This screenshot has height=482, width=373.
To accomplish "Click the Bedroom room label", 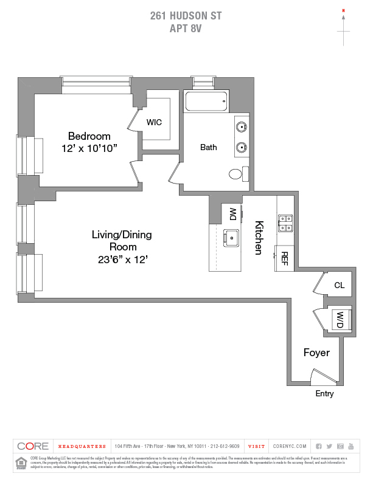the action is (89, 136).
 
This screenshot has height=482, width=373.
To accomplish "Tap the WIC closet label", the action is (154, 122).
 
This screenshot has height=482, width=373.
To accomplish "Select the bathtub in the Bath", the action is (206, 101).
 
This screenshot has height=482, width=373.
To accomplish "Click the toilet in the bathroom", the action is (237, 174).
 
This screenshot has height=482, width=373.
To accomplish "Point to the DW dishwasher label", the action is (232, 214).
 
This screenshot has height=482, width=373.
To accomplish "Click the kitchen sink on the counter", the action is (232, 238).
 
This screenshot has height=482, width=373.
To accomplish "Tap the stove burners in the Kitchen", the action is (285, 223).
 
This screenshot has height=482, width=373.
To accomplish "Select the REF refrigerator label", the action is (284, 258).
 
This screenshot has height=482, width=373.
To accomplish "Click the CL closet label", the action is (339, 285).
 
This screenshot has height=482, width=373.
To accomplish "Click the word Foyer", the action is (316, 353).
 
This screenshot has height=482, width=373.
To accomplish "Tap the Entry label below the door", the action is (324, 394).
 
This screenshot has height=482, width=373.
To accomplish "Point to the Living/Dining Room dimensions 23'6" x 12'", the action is (122, 260).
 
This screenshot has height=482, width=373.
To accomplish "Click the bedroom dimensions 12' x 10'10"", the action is (89, 148).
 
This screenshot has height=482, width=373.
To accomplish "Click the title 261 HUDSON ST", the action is (186, 16).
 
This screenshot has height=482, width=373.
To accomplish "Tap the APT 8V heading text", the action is (186, 27).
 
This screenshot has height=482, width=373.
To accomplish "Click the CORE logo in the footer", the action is (33, 446).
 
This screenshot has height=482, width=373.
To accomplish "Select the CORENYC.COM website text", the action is (291, 446).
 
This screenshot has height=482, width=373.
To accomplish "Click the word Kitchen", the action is (259, 237).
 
